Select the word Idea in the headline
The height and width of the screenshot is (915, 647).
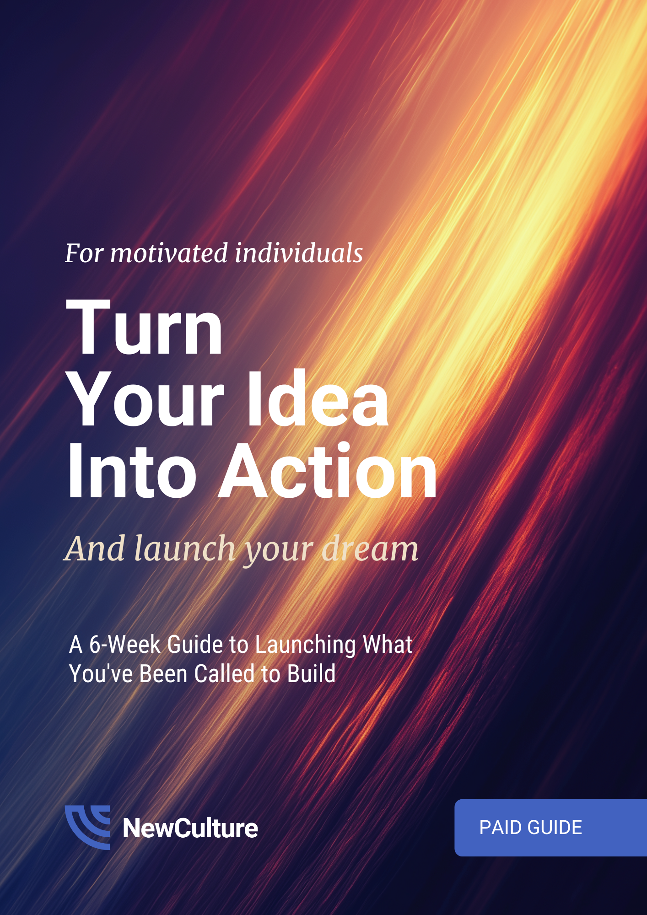coord(318,399)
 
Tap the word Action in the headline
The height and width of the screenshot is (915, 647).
coord(328,471)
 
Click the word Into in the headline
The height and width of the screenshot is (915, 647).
coord(132,471)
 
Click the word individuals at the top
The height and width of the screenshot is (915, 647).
coord(299,253)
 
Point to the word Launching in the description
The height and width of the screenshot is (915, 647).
coord(305,645)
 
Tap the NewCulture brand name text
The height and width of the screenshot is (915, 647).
coord(190,828)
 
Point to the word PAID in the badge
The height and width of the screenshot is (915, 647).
coord(500,828)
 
